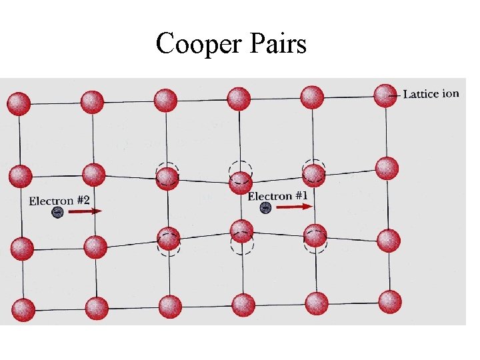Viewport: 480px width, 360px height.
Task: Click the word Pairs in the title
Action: tap(275, 45)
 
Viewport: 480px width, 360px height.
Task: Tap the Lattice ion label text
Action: tap(431, 93)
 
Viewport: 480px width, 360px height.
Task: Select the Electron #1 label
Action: tap(278, 195)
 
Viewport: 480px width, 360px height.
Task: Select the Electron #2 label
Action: tap(59, 200)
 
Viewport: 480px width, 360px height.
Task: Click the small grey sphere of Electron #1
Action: tap(265, 208)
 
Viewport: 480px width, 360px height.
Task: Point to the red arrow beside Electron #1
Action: tap(293, 207)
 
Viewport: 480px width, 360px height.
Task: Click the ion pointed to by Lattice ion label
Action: tap(385, 95)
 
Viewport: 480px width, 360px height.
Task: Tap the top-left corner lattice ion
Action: tap(19, 103)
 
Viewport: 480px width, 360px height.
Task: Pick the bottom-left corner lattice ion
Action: tap(23, 309)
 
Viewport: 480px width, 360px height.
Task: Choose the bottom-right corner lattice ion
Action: tap(390, 301)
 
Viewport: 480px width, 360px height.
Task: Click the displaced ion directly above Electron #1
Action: tap(240, 182)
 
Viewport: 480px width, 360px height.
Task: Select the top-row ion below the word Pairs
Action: tap(238, 99)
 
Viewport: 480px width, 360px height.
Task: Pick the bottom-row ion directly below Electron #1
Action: tap(243, 305)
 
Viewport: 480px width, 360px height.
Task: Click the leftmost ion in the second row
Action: tap(20, 176)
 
